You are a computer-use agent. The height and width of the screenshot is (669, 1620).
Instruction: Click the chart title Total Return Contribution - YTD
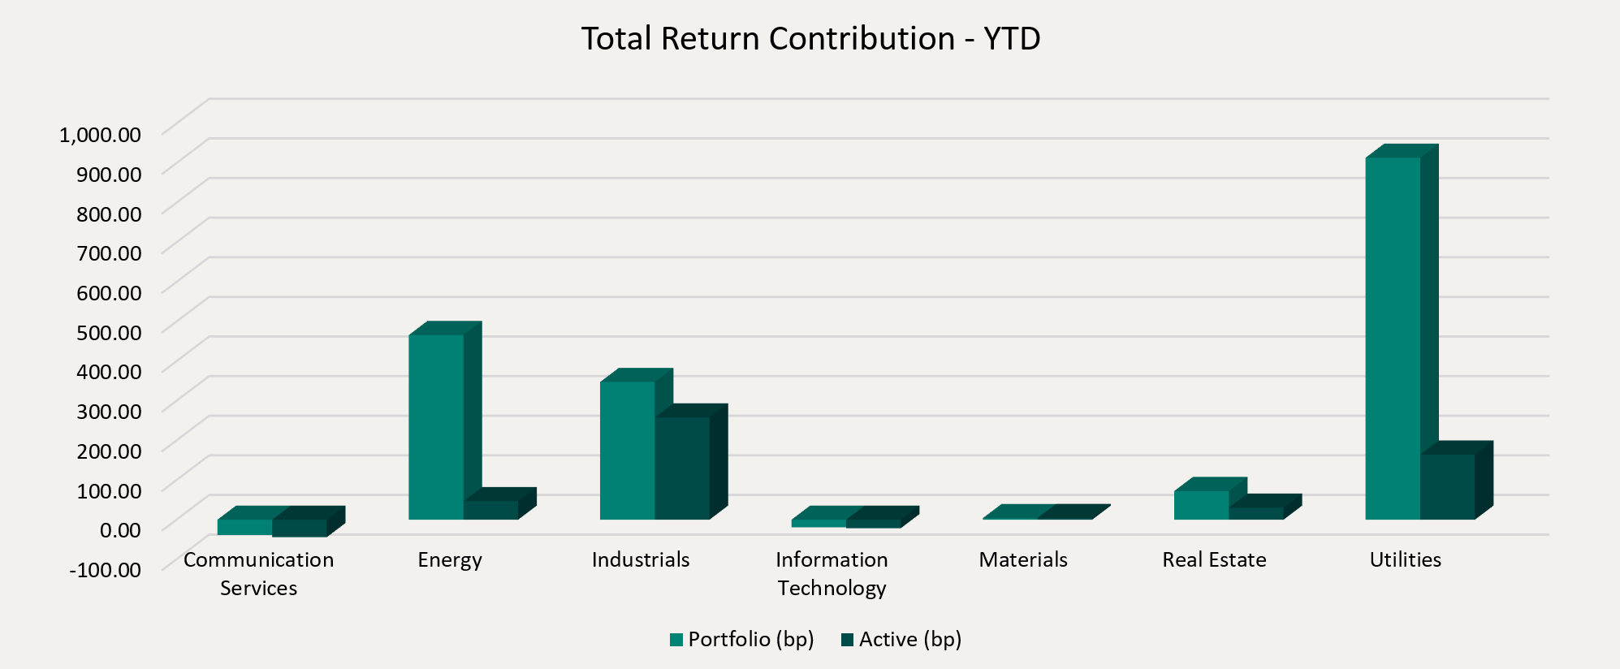(x=810, y=39)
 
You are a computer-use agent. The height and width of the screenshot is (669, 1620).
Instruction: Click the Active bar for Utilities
(x=1447, y=486)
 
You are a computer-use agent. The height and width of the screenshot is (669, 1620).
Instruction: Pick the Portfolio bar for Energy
(x=436, y=426)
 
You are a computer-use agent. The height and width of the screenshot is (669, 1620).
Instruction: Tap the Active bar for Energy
(x=490, y=510)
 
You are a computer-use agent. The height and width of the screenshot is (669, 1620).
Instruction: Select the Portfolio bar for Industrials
(x=627, y=450)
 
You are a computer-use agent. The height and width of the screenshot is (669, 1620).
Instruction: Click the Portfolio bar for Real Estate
(x=1201, y=505)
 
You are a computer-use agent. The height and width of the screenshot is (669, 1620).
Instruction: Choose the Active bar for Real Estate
(x=1255, y=513)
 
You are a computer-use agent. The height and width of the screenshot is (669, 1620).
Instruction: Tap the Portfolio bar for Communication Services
(x=244, y=527)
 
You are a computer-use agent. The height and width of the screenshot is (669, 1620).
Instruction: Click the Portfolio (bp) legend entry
(x=742, y=640)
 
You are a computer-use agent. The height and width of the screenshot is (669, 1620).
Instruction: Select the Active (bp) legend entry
(x=901, y=640)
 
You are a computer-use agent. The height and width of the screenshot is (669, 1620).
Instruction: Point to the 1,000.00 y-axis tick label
(x=100, y=134)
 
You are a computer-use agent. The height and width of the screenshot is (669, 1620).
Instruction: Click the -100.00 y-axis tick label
(x=106, y=569)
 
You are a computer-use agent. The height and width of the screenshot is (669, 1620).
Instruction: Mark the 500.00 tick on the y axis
(x=109, y=331)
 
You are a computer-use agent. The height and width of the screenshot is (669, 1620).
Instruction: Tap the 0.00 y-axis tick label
(x=120, y=529)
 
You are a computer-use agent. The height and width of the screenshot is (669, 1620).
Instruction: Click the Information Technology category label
(x=832, y=573)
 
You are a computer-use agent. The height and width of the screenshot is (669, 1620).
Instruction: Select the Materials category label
(x=1023, y=559)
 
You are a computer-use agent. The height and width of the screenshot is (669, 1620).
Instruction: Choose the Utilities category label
(x=1405, y=559)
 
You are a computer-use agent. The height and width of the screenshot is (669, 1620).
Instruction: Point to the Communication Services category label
(x=258, y=573)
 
